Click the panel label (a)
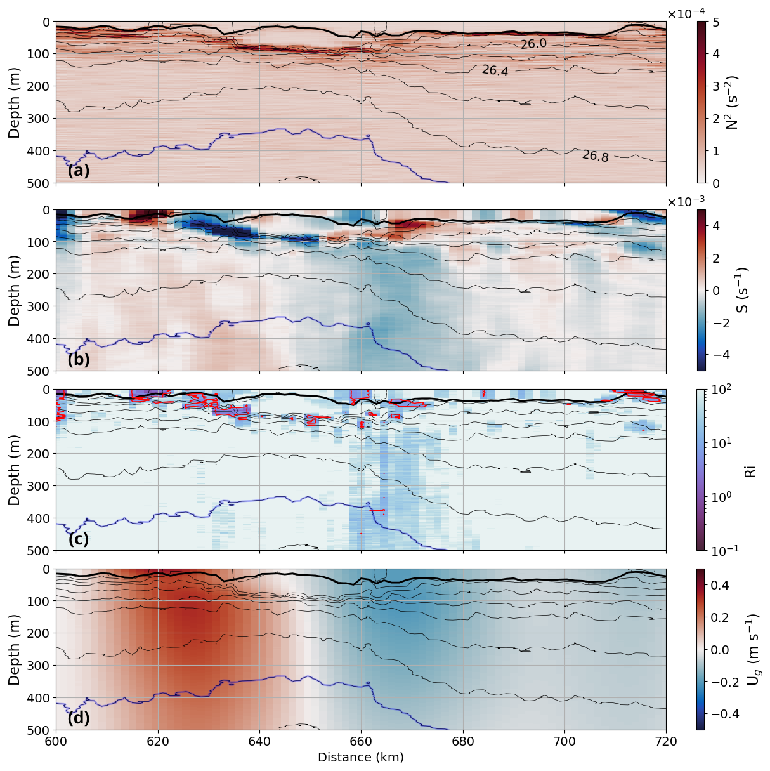point(79,171)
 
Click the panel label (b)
point(79,359)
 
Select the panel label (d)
point(79,718)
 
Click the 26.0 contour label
point(533,43)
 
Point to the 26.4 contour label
point(495,70)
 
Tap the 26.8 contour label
point(595,155)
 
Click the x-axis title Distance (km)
point(360,757)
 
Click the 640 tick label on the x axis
point(259,741)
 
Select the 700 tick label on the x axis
point(564,741)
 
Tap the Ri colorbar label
point(751,470)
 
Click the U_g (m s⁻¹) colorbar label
point(751,649)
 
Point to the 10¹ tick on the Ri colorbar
point(719,442)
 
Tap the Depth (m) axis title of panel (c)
point(14,470)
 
